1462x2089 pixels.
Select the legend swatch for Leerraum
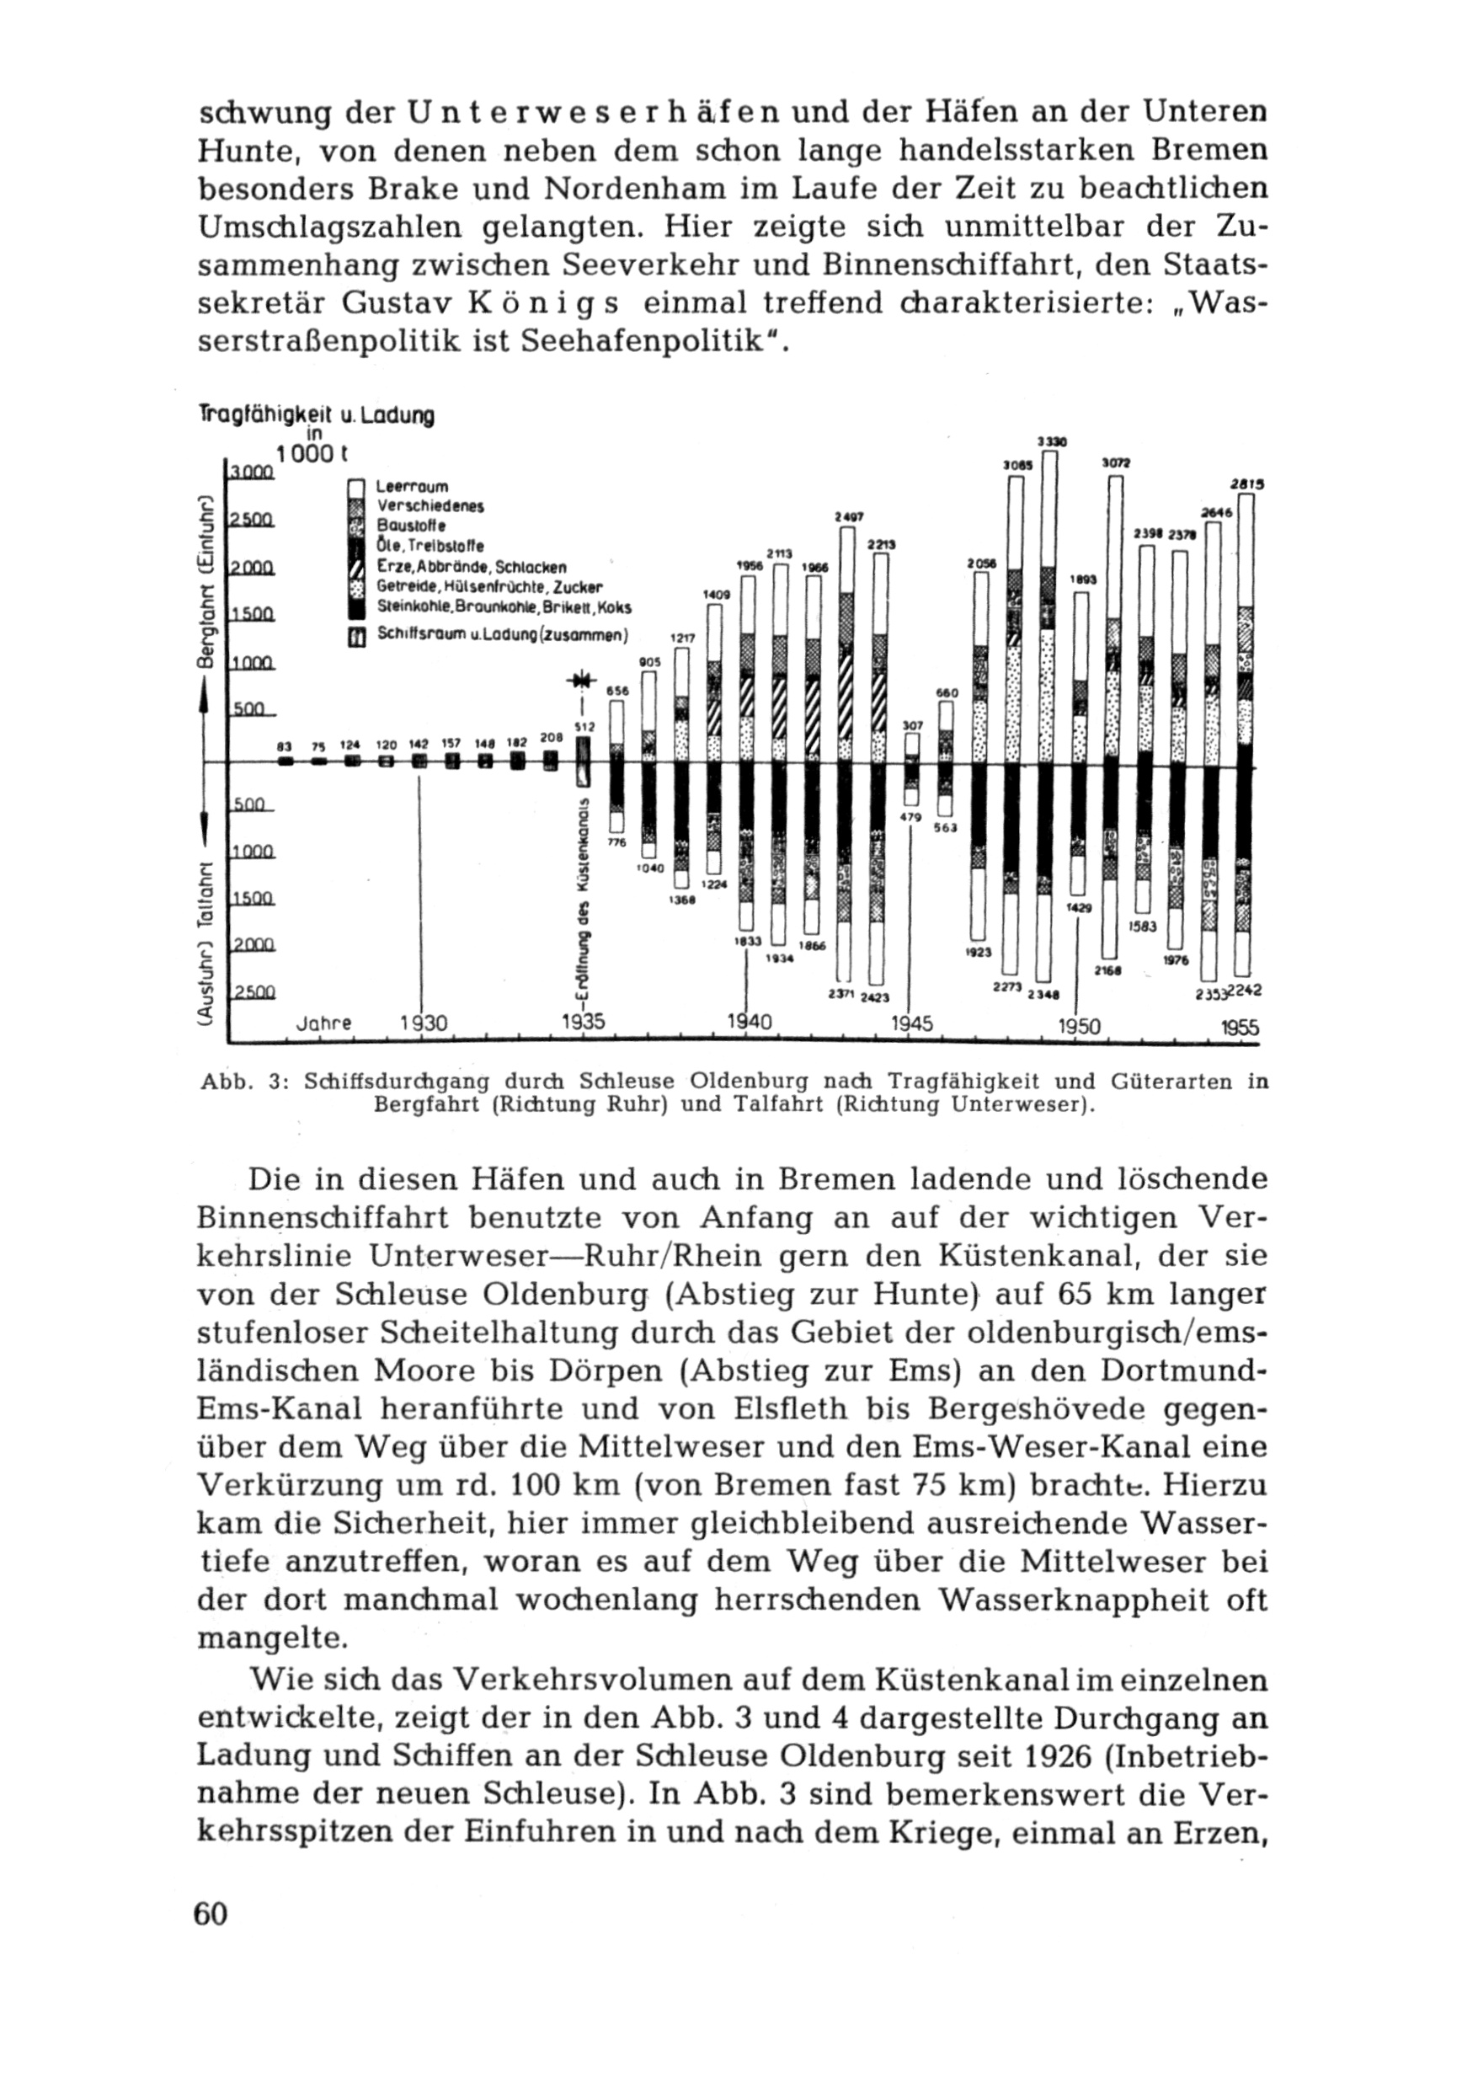coord(358,487)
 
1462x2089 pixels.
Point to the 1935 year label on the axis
coord(582,1022)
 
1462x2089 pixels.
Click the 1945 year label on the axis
coord(910,1023)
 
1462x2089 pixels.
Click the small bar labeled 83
coord(285,761)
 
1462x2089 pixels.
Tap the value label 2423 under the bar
coord(874,997)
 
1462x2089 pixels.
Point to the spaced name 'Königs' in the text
coord(545,303)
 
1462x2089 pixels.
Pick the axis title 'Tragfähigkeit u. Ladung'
coord(316,416)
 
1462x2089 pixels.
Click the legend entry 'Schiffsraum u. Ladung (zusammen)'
coord(502,636)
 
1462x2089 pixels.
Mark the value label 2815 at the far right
coord(1246,485)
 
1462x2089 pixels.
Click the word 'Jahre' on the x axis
coord(324,1023)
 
